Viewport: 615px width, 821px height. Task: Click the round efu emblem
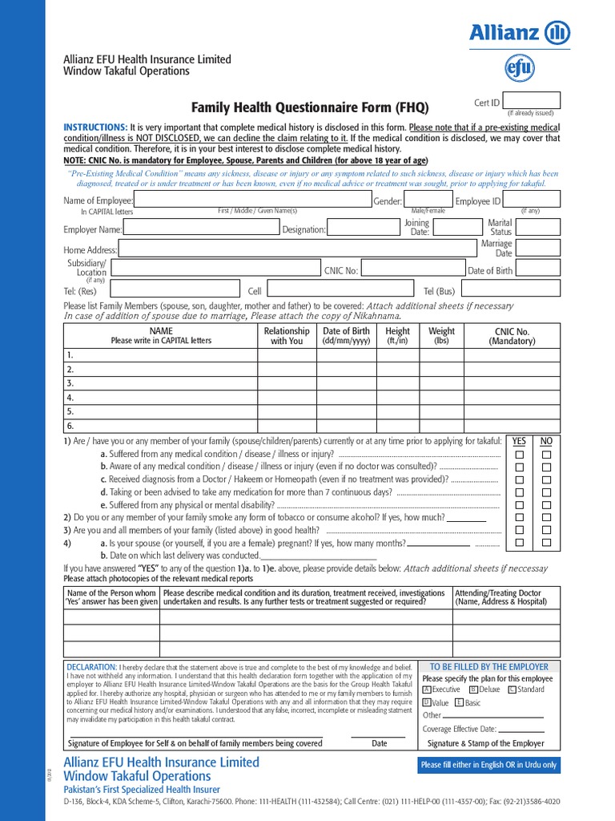point(519,69)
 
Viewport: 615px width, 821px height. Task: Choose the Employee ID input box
point(533,200)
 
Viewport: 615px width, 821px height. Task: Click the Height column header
point(397,335)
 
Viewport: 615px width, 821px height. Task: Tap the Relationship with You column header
point(286,335)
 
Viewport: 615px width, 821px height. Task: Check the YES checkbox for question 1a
point(520,455)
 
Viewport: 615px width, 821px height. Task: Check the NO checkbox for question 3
point(547,530)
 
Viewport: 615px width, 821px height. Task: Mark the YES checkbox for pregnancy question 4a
point(520,543)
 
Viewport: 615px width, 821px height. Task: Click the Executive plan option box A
point(427,690)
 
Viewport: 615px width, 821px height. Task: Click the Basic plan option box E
point(459,702)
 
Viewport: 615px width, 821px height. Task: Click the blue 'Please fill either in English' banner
point(488,765)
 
